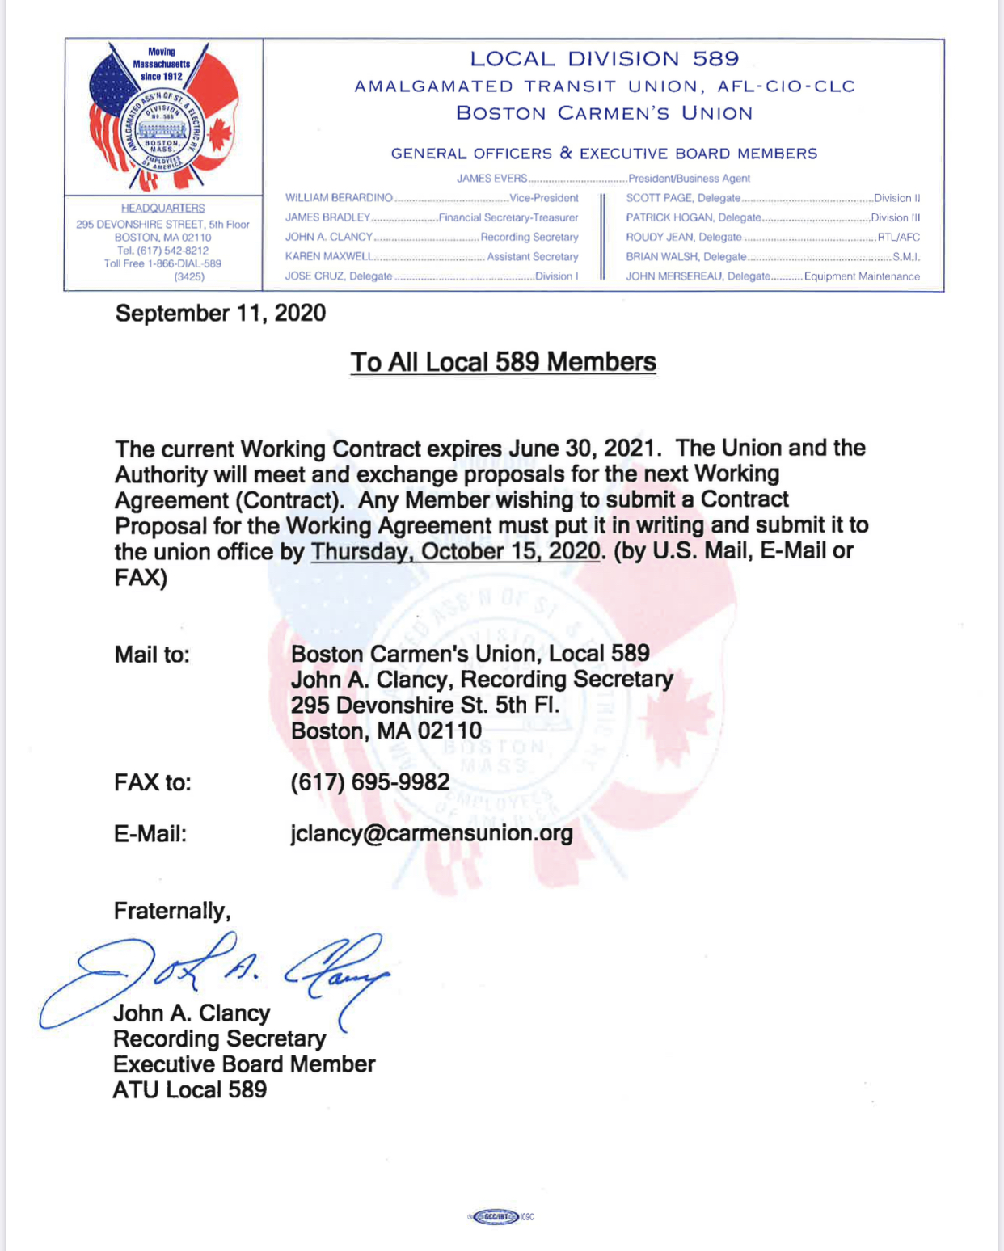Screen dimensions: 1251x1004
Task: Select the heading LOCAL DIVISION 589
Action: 604,59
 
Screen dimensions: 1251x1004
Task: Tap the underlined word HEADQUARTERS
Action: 162,208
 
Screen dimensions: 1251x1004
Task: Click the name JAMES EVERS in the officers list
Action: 491,179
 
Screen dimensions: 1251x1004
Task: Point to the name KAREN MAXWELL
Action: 328,257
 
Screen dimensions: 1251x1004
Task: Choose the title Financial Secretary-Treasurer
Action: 508,218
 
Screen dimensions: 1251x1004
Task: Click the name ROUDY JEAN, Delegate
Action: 683,238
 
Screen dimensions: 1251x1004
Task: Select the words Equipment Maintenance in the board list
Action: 862,276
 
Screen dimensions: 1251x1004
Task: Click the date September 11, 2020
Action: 220,314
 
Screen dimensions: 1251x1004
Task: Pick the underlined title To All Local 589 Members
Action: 503,362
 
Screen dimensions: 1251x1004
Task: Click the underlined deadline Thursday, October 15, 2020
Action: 456,552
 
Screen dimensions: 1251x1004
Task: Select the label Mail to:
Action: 152,655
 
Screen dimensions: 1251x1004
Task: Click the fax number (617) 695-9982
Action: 369,782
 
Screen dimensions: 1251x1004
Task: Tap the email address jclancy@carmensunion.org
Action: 432,833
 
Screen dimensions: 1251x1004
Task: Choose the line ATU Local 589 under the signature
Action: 190,1090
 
